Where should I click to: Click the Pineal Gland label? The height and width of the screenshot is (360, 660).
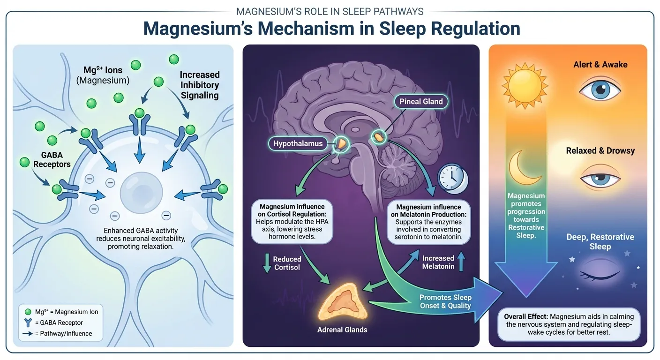[420, 101]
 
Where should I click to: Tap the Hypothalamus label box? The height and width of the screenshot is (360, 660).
[299, 143]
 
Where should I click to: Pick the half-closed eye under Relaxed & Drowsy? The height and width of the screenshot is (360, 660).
[600, 179]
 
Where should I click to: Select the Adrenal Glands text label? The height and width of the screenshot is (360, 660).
[342, 330]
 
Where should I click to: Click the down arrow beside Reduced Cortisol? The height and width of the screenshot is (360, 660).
[266, 263]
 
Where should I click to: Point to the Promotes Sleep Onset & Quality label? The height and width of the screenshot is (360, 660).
[445, 301]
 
